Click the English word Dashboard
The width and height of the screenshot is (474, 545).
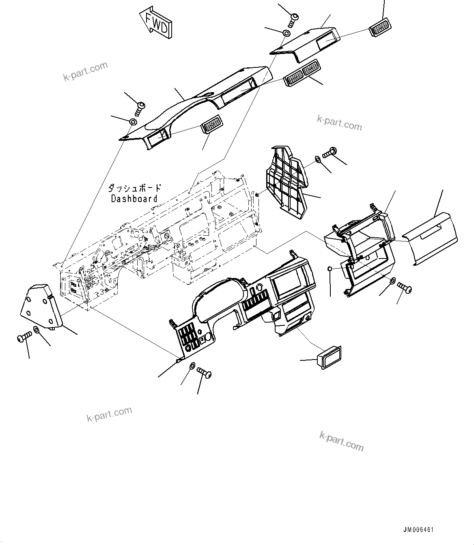point(134,199)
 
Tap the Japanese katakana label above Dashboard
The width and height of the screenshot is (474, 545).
point(134,188)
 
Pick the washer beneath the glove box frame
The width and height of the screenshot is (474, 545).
point(393,281)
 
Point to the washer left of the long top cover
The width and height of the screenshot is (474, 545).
point(133,122)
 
